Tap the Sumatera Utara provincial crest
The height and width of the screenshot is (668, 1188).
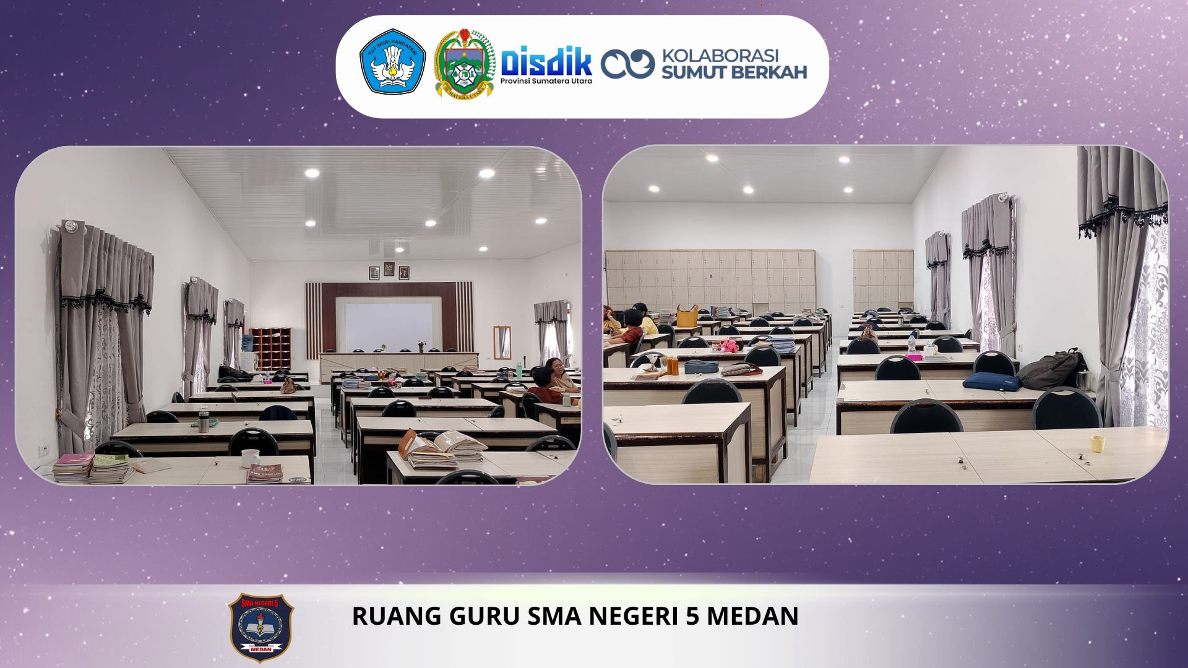pos(464,63)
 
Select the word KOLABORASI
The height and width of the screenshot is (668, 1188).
pos(720,56)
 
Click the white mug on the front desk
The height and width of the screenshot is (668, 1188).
pos(250,458)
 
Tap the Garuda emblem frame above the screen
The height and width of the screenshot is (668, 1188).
pos(389,270)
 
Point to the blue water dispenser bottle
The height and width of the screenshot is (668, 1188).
pos(247,343)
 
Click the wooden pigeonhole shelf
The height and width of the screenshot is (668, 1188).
pos(270,348)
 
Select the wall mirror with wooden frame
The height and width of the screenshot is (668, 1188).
pos(502,343)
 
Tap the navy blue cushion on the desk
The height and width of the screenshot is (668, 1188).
pos(991,380)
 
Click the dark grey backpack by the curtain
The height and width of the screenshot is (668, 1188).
pos(1050,369)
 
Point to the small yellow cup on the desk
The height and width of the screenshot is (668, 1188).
pos(1097,443)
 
